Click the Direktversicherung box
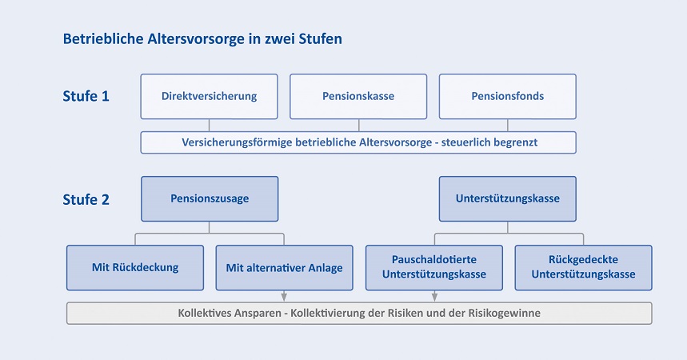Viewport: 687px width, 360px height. click(x=209, y=97)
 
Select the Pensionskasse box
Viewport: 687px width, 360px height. click(x=358, y=97)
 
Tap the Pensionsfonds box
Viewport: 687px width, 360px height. click(x=507, y=97)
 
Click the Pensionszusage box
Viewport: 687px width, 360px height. click(x=210, y=198)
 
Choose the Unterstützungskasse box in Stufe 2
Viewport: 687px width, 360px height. click(x=507, y=198)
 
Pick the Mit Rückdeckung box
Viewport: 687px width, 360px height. click(x=135, y=267)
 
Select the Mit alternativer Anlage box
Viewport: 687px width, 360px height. click(x=285, y=267)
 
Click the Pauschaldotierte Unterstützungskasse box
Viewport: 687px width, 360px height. click(x=434, y=267)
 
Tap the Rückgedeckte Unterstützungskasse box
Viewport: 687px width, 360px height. click(x=583, y=267)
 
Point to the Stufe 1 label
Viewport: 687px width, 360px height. click(x=86, y=96)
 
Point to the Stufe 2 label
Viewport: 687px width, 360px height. click(x=86, y=199)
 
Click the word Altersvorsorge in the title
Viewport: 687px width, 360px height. click(x=195, y=39)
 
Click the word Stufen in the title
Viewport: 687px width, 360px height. click(x=320, y=38)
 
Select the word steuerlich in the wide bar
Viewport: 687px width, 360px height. click(x=461, y=142)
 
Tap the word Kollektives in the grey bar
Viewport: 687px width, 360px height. click(x=203, y=313)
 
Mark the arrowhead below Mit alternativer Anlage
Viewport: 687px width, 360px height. click(x=284, y=297)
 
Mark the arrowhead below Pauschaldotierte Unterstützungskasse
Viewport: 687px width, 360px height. click(x=434, y=297)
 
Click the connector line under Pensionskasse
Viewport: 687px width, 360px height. click(x=359, y=126)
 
